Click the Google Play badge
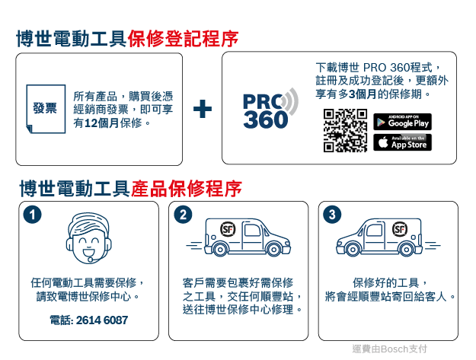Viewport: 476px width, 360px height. [402, 122]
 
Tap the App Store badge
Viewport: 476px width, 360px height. [402, 142]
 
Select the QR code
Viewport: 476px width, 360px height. [345, 130]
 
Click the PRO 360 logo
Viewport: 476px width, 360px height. [270, 109]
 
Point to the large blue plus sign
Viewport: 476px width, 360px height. [203, 109]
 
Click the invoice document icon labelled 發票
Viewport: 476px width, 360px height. [46, 109]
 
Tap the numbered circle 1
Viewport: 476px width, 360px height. [32, 215]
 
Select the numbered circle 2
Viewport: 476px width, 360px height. [183, 215]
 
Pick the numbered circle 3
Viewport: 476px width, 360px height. [332, 215]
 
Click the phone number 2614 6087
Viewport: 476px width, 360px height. [102, 320]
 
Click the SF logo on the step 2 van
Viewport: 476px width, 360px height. [228, 229]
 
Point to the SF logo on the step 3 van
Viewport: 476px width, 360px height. [399, 229]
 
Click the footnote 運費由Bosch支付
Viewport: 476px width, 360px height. [389, 349]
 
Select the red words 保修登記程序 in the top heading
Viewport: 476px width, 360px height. [183, 39]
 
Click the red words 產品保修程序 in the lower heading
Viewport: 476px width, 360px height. [187, 188]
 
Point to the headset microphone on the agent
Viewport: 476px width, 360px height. [90, 260]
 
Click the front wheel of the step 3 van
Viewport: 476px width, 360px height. [353, 250]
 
